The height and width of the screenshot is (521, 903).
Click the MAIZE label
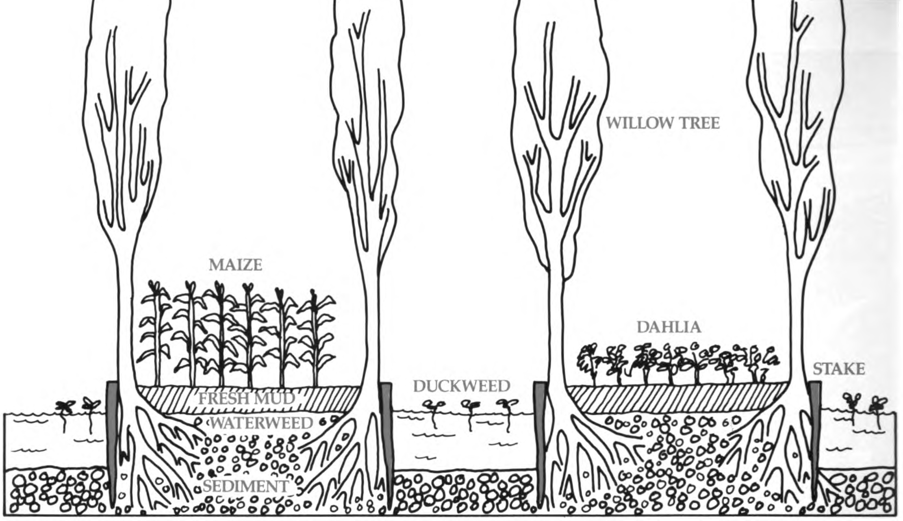point(235,265)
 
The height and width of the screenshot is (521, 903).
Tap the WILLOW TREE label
point(662,123)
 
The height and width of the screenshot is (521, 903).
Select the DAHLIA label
point(669,327)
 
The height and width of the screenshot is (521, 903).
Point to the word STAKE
point(839,369)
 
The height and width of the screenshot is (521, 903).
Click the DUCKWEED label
point(461,386)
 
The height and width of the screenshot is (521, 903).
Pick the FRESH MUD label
point(246,399)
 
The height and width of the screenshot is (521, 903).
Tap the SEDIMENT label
point(246,486)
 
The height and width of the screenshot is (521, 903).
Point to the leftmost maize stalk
point(156,333)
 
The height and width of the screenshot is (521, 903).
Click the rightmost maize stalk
point(315,337)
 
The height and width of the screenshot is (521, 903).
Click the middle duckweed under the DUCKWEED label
point(471,412)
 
